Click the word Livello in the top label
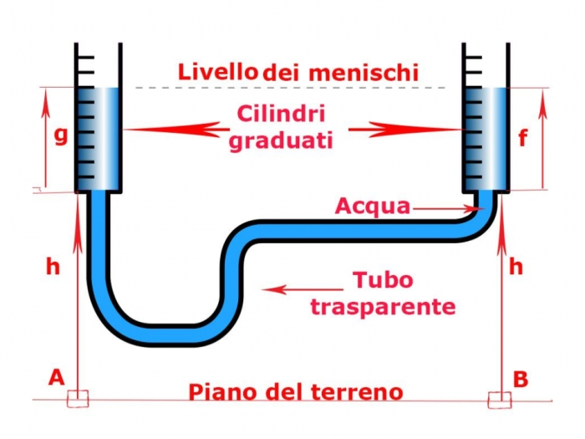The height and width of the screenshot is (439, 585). (216, 71)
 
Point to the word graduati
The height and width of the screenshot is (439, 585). (281, 140)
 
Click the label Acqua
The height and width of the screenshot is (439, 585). (373, 206)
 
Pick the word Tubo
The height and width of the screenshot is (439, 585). (383, 280)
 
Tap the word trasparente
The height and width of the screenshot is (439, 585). (383, 306)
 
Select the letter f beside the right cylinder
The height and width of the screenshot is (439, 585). (522, 137)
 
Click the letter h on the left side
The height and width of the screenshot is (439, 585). (53, 267)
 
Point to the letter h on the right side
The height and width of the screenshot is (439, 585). (516, 267)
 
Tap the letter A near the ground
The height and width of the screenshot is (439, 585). (56, 377)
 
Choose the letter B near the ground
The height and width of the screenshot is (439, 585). (520, 379)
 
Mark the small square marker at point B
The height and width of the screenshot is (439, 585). (500, 400)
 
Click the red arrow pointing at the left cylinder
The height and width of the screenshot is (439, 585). (175, 130)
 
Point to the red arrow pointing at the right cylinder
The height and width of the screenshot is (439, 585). (405, 130)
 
